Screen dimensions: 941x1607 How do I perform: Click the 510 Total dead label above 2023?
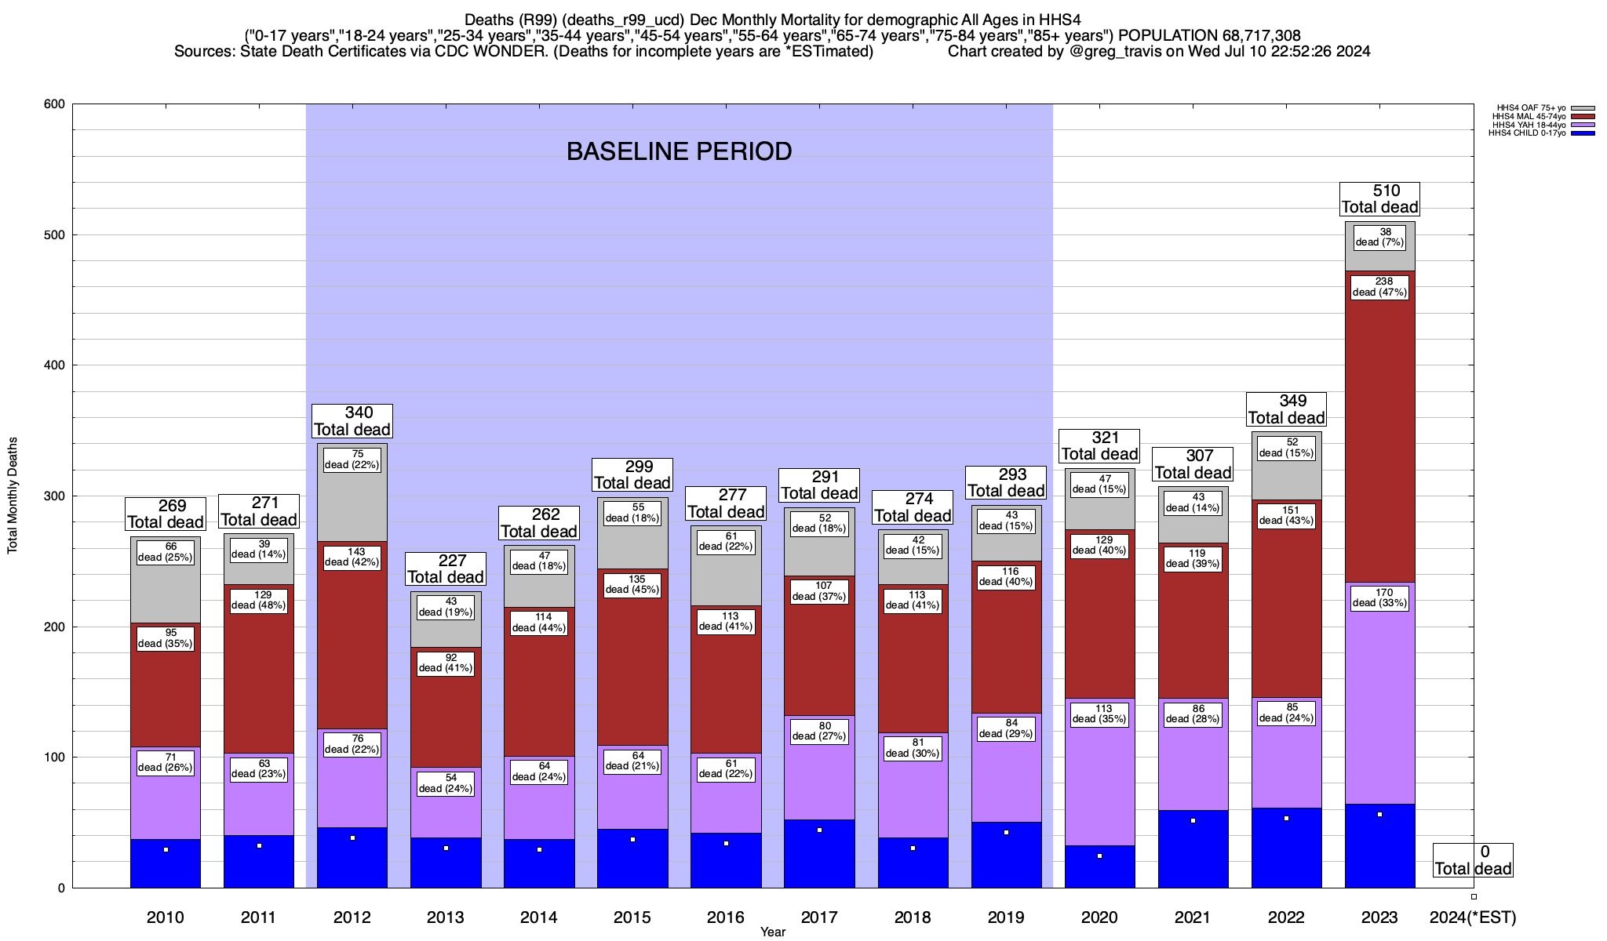[x=1379, y=199]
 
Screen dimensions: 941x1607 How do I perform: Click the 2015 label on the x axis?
[x=632, y=917]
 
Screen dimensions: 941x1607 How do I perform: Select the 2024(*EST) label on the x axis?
[x=1473, y=917]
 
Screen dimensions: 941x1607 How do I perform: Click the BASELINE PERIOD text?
[x=680, y=151]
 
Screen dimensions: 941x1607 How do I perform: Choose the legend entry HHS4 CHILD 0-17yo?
[x=1527, y=133]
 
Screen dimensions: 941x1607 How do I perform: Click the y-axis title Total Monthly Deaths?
[x=13, y=496]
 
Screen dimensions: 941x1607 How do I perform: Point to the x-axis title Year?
[x=773, y=932]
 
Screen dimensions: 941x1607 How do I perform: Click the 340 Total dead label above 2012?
[x=352, y=421]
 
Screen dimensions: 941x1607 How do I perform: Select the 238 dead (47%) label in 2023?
[x=1379, y=287]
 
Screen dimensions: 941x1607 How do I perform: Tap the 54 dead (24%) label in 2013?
[x=446, y=783]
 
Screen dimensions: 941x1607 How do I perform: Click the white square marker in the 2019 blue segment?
[x=1006, y=833]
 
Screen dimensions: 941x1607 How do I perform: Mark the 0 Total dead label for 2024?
[x=1473, y=860]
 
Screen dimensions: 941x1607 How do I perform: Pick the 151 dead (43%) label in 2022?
[x=1286, y=515]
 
